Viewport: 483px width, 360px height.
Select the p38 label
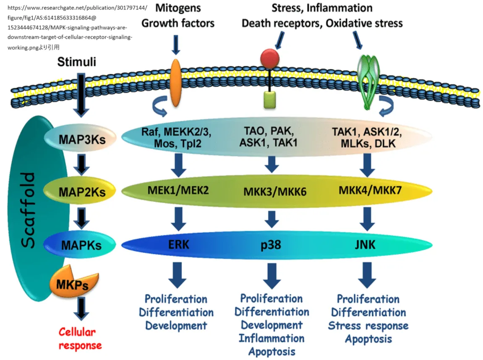(x=271, y=245)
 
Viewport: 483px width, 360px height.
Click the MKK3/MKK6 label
(x=274, y=191)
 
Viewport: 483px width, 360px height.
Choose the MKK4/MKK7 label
(x=370, y=190)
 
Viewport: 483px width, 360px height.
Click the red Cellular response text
(x=80, y=339)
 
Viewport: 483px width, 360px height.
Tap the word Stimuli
(x=77, y=63)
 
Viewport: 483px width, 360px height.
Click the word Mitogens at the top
(x=178, y=8)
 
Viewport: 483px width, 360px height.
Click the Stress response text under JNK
(x=368, y=326)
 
